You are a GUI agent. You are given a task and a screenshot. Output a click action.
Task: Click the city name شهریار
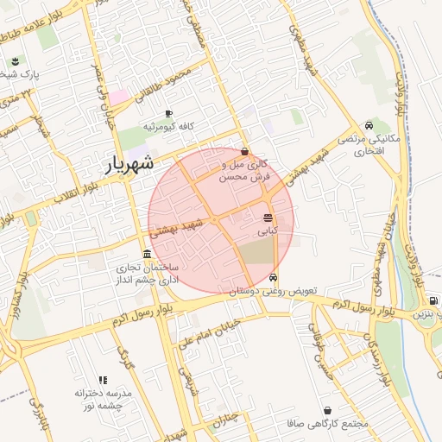point(129,163)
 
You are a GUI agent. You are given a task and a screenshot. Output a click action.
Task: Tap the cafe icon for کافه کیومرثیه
point(168,113)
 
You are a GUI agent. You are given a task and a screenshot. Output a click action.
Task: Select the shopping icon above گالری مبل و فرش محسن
point(246,151)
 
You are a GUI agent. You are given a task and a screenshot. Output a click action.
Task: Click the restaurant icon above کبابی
point(268,218)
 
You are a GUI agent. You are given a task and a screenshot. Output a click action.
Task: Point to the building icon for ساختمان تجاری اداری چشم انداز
point(148,255)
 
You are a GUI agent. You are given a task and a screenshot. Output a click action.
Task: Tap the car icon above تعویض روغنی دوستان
point(274,278)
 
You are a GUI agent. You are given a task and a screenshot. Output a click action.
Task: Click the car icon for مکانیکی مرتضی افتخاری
point(369,125)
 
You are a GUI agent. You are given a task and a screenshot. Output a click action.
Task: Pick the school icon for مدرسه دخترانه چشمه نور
point(103,380)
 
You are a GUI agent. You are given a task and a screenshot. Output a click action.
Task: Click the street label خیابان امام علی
point(205,331)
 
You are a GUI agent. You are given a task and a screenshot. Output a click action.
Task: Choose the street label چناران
point(226,422)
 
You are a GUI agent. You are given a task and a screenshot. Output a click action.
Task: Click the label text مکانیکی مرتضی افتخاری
point(361,145)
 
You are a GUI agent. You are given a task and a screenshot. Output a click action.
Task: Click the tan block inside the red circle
point(254,252)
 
